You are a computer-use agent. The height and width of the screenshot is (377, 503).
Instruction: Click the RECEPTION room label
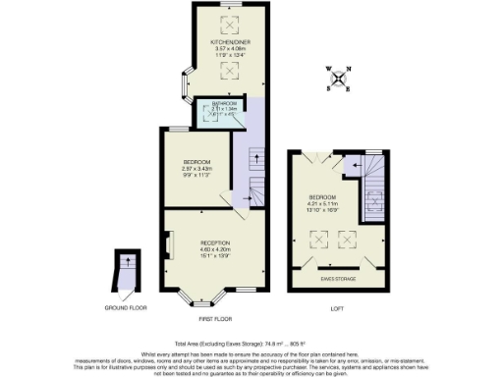coord(215,242)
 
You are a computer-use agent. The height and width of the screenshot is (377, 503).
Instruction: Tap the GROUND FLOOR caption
coord(127,307)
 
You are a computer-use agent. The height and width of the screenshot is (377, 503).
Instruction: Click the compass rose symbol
coord(337,76)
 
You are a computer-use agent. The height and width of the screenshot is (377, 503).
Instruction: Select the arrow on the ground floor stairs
coord(127,262)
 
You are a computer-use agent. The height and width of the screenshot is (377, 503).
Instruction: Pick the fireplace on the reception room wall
coord(168,242)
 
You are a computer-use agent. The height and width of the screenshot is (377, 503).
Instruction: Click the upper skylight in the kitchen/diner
coord(233,22)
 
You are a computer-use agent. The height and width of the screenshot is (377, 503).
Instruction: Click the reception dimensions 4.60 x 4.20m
coord(215,249)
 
